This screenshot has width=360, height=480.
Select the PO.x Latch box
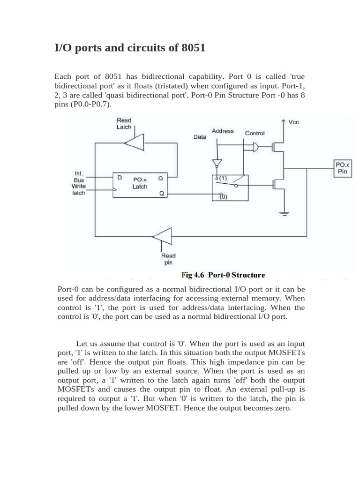point(140,183)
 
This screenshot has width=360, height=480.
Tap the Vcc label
point(294,122)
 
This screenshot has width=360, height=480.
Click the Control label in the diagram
point(255,133)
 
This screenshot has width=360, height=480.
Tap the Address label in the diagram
point(223,131)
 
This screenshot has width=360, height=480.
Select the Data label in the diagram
point(200,137)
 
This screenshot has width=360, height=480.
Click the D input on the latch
point(120,178)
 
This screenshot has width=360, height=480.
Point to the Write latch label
point(79,189)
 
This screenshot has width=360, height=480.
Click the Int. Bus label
point(79,176)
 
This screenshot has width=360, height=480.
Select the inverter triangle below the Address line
point(216,163)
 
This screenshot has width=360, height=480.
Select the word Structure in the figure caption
point(247,275)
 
